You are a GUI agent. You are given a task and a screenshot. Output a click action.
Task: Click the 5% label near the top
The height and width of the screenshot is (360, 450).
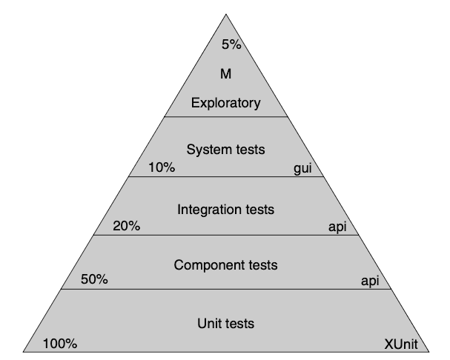[x=231, y=44]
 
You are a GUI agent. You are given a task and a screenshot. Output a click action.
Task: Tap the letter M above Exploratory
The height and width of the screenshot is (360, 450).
[x=226, y=74]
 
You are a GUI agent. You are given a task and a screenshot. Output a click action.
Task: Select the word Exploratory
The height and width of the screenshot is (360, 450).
[x=226, y=103]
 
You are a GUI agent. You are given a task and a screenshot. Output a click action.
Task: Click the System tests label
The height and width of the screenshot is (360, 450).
[x=226, y=150]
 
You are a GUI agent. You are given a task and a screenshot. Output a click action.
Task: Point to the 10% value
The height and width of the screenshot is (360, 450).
[x=162, y=167]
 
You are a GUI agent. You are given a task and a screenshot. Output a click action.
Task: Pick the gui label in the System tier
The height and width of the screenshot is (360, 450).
[x=302, y=168]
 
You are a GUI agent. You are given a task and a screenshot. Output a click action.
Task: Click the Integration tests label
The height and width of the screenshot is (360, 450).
[x=226, y=210]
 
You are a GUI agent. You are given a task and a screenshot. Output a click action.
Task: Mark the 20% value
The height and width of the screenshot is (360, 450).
[x=127, y=226]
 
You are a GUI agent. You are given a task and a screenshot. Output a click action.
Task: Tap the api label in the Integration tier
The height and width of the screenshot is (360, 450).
[x=337, y=227]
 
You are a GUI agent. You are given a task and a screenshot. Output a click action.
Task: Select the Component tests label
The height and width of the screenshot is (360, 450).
[x=226, y=265]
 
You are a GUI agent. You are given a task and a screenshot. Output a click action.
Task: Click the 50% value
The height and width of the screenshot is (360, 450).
[x=94, y=279]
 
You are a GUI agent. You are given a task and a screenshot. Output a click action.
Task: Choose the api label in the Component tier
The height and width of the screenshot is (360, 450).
[x=370, y=281]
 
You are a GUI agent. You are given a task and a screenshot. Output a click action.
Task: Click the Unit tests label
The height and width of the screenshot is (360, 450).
[x=226, y=324]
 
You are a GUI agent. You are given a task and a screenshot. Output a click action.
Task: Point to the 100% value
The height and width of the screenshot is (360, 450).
[x=60, y=344]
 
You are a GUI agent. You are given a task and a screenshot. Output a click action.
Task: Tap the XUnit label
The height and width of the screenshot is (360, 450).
[x=401, y=344]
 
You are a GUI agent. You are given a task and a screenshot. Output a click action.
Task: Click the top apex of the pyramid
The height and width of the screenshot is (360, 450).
[x=226, y=14]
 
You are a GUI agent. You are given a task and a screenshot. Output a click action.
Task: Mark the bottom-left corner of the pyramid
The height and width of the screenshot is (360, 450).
[x=23, y=352]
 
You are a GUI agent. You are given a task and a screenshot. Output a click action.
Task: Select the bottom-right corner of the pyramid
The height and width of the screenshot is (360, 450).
[x=429, y=352]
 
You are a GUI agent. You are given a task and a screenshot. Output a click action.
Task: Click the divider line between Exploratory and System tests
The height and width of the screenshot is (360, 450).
[x=226, y=116]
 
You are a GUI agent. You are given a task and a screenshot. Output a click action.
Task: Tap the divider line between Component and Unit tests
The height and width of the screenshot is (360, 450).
[x=226, y=289]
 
